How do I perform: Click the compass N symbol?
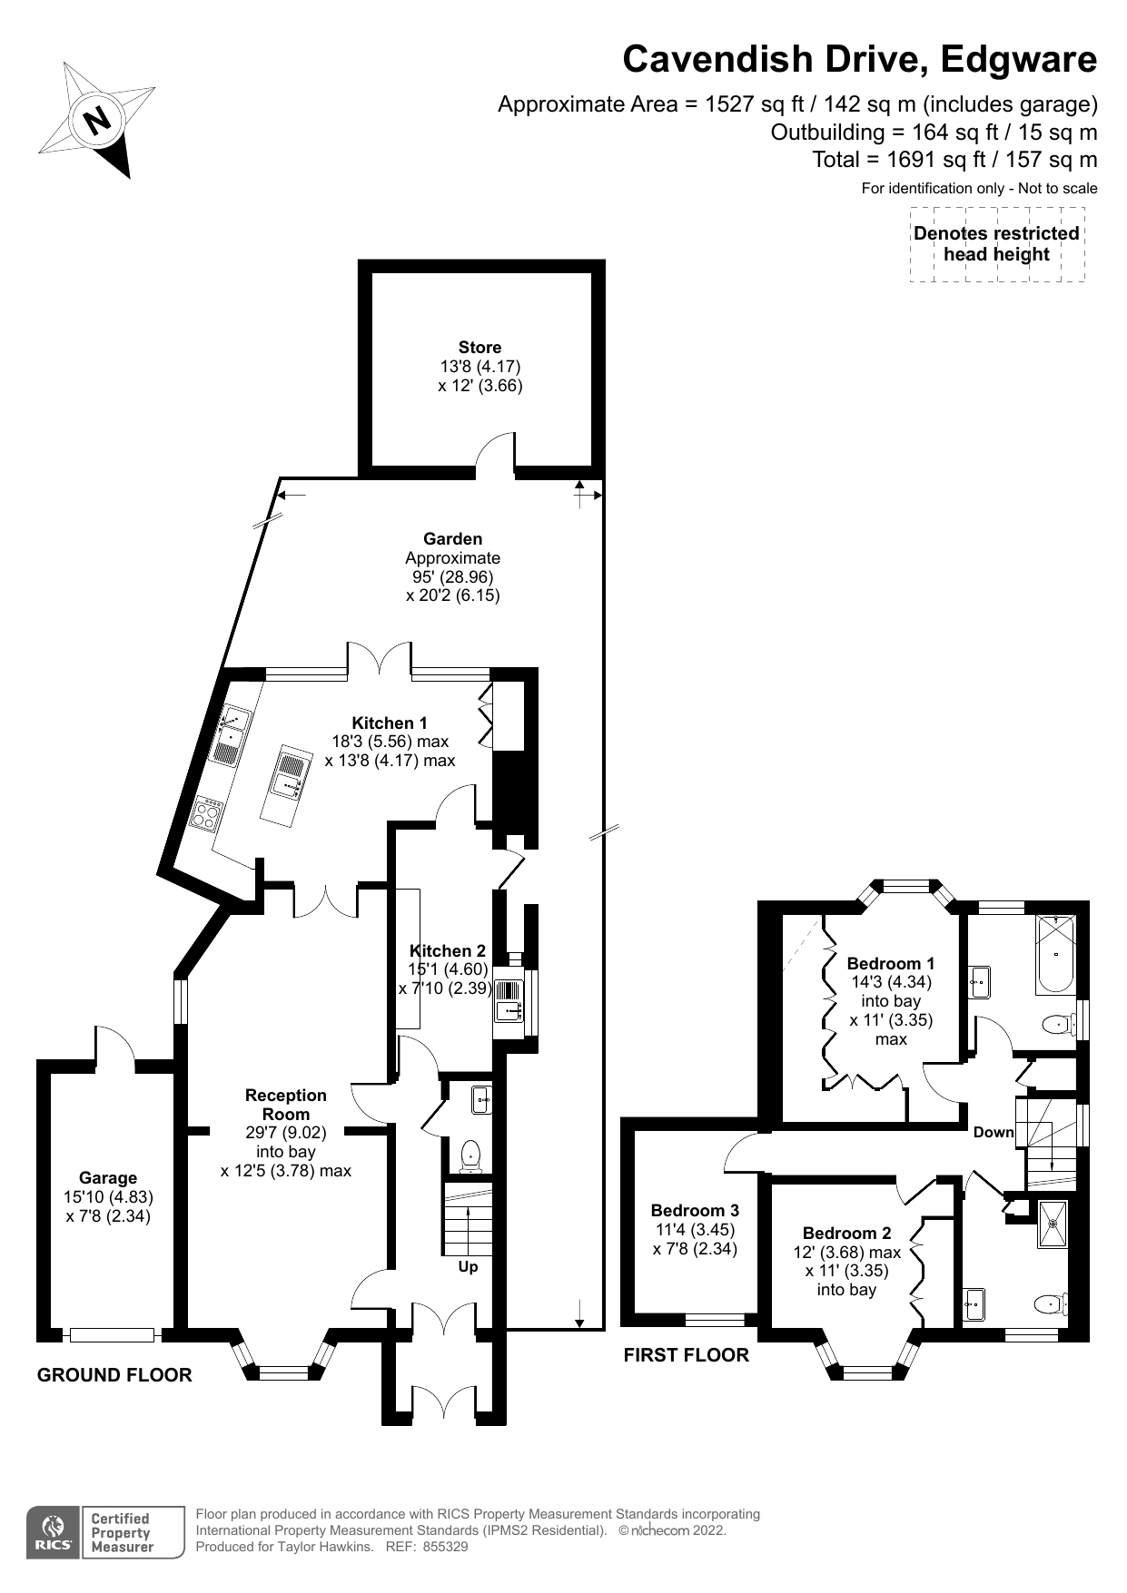pyautogui.click(x=96, y=119)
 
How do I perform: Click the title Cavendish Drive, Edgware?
pyautogui.click(x=859, y=60)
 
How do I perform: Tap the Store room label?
pyautogui.click(x=479, y=348)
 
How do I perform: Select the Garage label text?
pyautogui.click(x=107, y=1178)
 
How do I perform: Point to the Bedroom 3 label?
pyautogui.click(x=695, y=1210)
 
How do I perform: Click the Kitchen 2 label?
pyautogui.click(x=447, y=950)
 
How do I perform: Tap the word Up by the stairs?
pyautogui.click(x=468, y=1266)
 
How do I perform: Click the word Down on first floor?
pyautogui.click(x=993, y=1132)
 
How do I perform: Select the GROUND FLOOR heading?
pyautogui.click(x=114, y=1375)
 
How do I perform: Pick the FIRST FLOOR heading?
pyautogui.click(x=686, y=1355)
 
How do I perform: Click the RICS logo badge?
pyautogui.click(x=52, y=1533)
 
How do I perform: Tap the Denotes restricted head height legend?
pyautogui.click(x=996, y=244)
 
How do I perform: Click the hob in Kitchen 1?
pyautogui.click(x=207, y=813)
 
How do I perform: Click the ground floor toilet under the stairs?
pyautogui.click(x=470, y=1155)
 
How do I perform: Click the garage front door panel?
pyautogui.click(x=113, y=1334)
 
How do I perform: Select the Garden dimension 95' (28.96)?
pyautogui.click(x=452, y=576)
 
